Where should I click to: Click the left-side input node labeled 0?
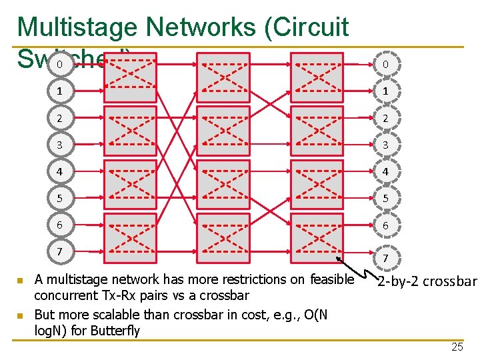[59, 65]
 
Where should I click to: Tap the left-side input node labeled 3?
[59, 145]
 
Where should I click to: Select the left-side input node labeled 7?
[59, 251]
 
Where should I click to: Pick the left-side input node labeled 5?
[59, 198]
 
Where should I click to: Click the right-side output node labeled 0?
[384, 65]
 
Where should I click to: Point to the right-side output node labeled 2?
[384, 118]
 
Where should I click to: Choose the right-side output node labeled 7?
[385, 257]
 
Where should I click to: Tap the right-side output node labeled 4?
[384, 171]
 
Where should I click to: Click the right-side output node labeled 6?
[384, 225]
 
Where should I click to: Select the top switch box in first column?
[130, 77]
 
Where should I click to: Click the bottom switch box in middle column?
[223, 238]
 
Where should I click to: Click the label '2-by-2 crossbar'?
[427, 281]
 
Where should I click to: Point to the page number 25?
[457, 347]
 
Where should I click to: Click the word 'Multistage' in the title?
[77, 27]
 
